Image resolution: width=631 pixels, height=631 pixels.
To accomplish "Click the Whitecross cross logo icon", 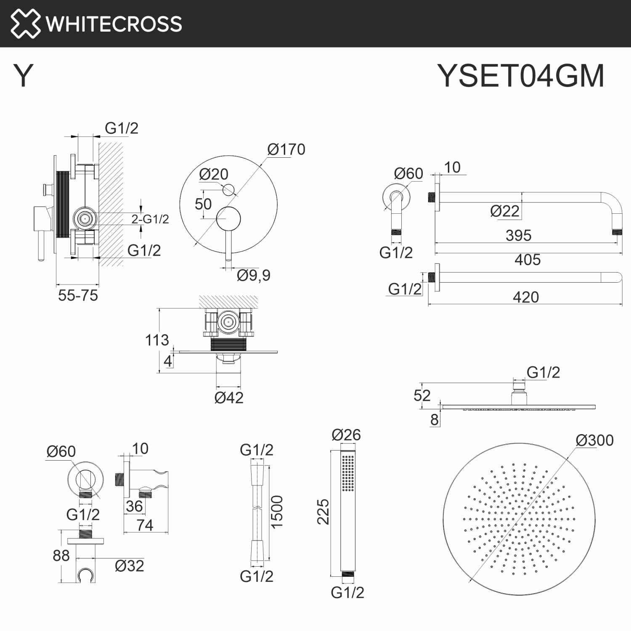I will coord(25,24).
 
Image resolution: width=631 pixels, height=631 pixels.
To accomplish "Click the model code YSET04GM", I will coord(521,76).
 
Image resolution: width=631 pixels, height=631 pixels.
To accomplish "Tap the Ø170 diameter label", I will coord(286,149).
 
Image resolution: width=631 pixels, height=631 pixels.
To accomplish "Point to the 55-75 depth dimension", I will coord(78,295).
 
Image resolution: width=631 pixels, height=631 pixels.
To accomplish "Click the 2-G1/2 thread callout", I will coord(150,219).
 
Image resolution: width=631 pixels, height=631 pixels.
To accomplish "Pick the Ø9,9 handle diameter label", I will coord(253,276).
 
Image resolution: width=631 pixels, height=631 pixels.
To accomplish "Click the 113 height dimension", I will coord(157,340).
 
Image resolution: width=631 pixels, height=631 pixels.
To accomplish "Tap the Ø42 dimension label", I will coord(229,398).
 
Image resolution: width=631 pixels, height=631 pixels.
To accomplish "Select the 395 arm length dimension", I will coord(518,235).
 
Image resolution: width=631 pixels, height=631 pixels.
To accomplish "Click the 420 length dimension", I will coord(526,297).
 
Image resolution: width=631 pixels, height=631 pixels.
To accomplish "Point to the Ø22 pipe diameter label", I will coord(505,211).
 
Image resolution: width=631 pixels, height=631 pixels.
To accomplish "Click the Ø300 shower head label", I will coord(594,440).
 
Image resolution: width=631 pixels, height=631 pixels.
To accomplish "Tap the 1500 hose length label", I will coord(276,512).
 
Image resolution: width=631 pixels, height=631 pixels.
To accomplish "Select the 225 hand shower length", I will coord(323,512).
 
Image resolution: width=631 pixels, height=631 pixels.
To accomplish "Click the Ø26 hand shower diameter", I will coord(346,435).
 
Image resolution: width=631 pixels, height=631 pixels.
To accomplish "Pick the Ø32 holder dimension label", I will coord(129,566).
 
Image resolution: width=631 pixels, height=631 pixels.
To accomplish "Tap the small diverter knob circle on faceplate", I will coord(229,190).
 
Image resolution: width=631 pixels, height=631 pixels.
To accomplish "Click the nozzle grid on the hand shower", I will coord(348,473).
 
